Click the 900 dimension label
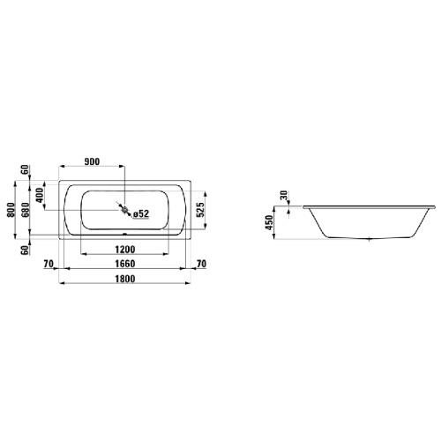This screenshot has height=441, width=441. coord(91,162)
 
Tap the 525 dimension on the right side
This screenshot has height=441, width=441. coord(200,209)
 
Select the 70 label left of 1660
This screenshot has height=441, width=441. coord(49,263)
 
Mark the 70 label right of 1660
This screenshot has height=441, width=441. coord(200,263)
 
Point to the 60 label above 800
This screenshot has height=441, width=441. coord(26,169)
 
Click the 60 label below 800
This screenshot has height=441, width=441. coord(26,250)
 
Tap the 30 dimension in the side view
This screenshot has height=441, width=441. coord(284,197)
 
